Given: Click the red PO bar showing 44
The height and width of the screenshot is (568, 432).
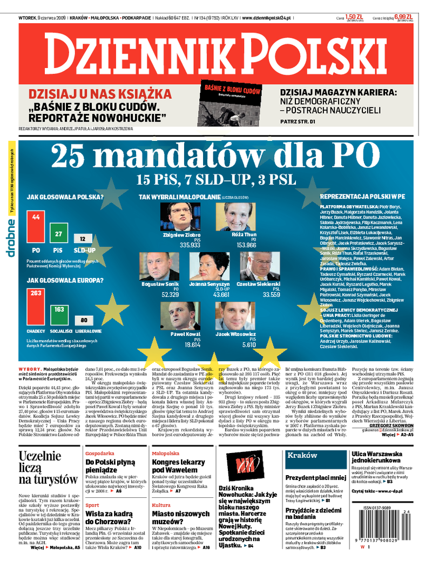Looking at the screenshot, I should (x=36, y=227).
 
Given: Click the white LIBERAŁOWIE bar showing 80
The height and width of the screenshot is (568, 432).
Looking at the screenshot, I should (x=84, y=320).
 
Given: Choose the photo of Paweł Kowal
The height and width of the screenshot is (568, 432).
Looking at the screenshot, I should (x=185, y=316).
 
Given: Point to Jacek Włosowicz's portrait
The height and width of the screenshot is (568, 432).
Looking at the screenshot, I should (x=235, y=316).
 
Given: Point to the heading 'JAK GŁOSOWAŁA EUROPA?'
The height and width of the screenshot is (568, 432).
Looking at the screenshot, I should (x=65, y=280).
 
